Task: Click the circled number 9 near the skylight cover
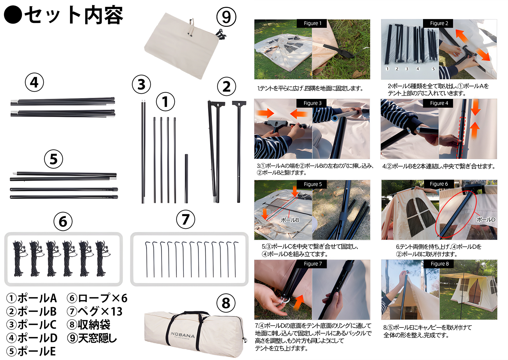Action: point(226,17)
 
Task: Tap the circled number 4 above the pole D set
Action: point(34,82)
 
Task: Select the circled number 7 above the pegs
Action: point(185,219)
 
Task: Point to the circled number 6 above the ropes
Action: point(63,221)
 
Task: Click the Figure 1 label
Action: point(312,23)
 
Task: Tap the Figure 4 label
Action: point(439,103)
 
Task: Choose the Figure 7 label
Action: point(313,264)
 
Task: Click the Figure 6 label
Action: point(439,184)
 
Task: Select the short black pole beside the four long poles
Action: point(186,179)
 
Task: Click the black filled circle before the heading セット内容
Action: point(13,15)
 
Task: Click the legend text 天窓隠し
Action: point(97,338)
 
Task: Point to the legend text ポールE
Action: point(37,351)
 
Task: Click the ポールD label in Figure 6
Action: point(486,220)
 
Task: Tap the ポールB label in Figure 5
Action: point(290,220)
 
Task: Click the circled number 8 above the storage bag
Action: point(226,303)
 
